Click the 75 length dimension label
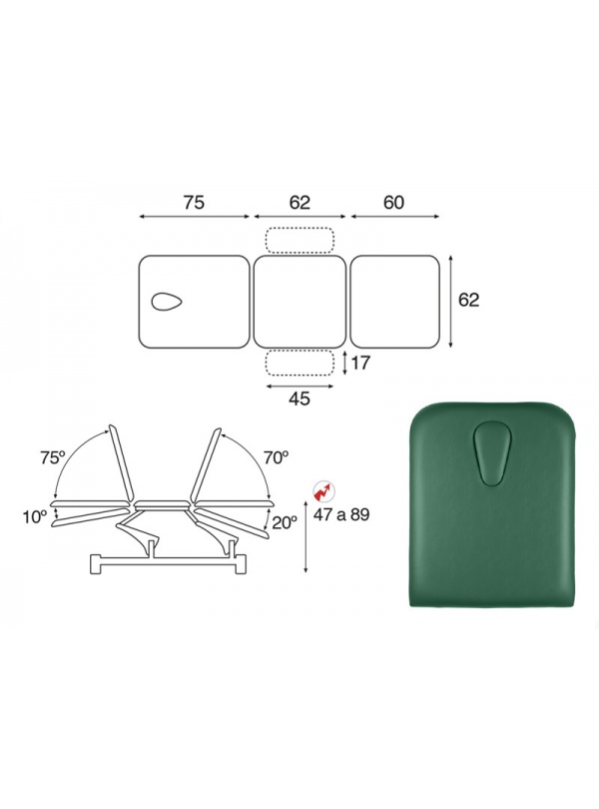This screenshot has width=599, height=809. (x=194, y=202)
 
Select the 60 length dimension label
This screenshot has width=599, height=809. (x=393, y=202)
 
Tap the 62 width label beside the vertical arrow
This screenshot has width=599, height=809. (x=468, y=300)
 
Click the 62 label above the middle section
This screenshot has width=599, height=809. (x=299, y=202)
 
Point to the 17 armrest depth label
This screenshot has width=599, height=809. (x=360, y=363)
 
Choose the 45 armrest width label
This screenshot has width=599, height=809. (x=299, y=399)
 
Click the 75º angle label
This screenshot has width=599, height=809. (x=53, y=457)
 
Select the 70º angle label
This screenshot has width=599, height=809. (x=276, y=457)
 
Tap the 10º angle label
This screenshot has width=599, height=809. (x=35, y=516)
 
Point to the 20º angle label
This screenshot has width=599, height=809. (x=285, y=522)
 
